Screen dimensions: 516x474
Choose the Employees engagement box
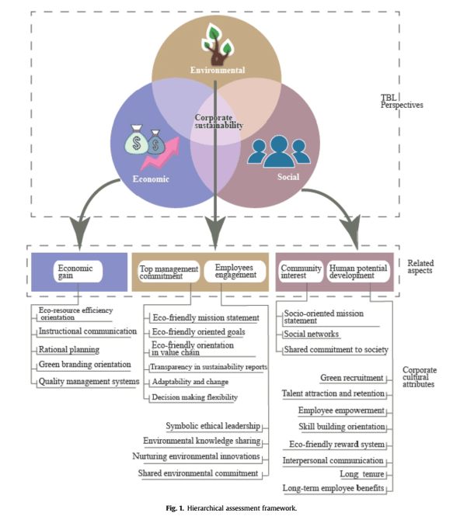233,271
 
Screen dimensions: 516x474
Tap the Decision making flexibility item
194,397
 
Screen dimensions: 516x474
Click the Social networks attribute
312,334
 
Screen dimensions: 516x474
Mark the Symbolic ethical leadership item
212,426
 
